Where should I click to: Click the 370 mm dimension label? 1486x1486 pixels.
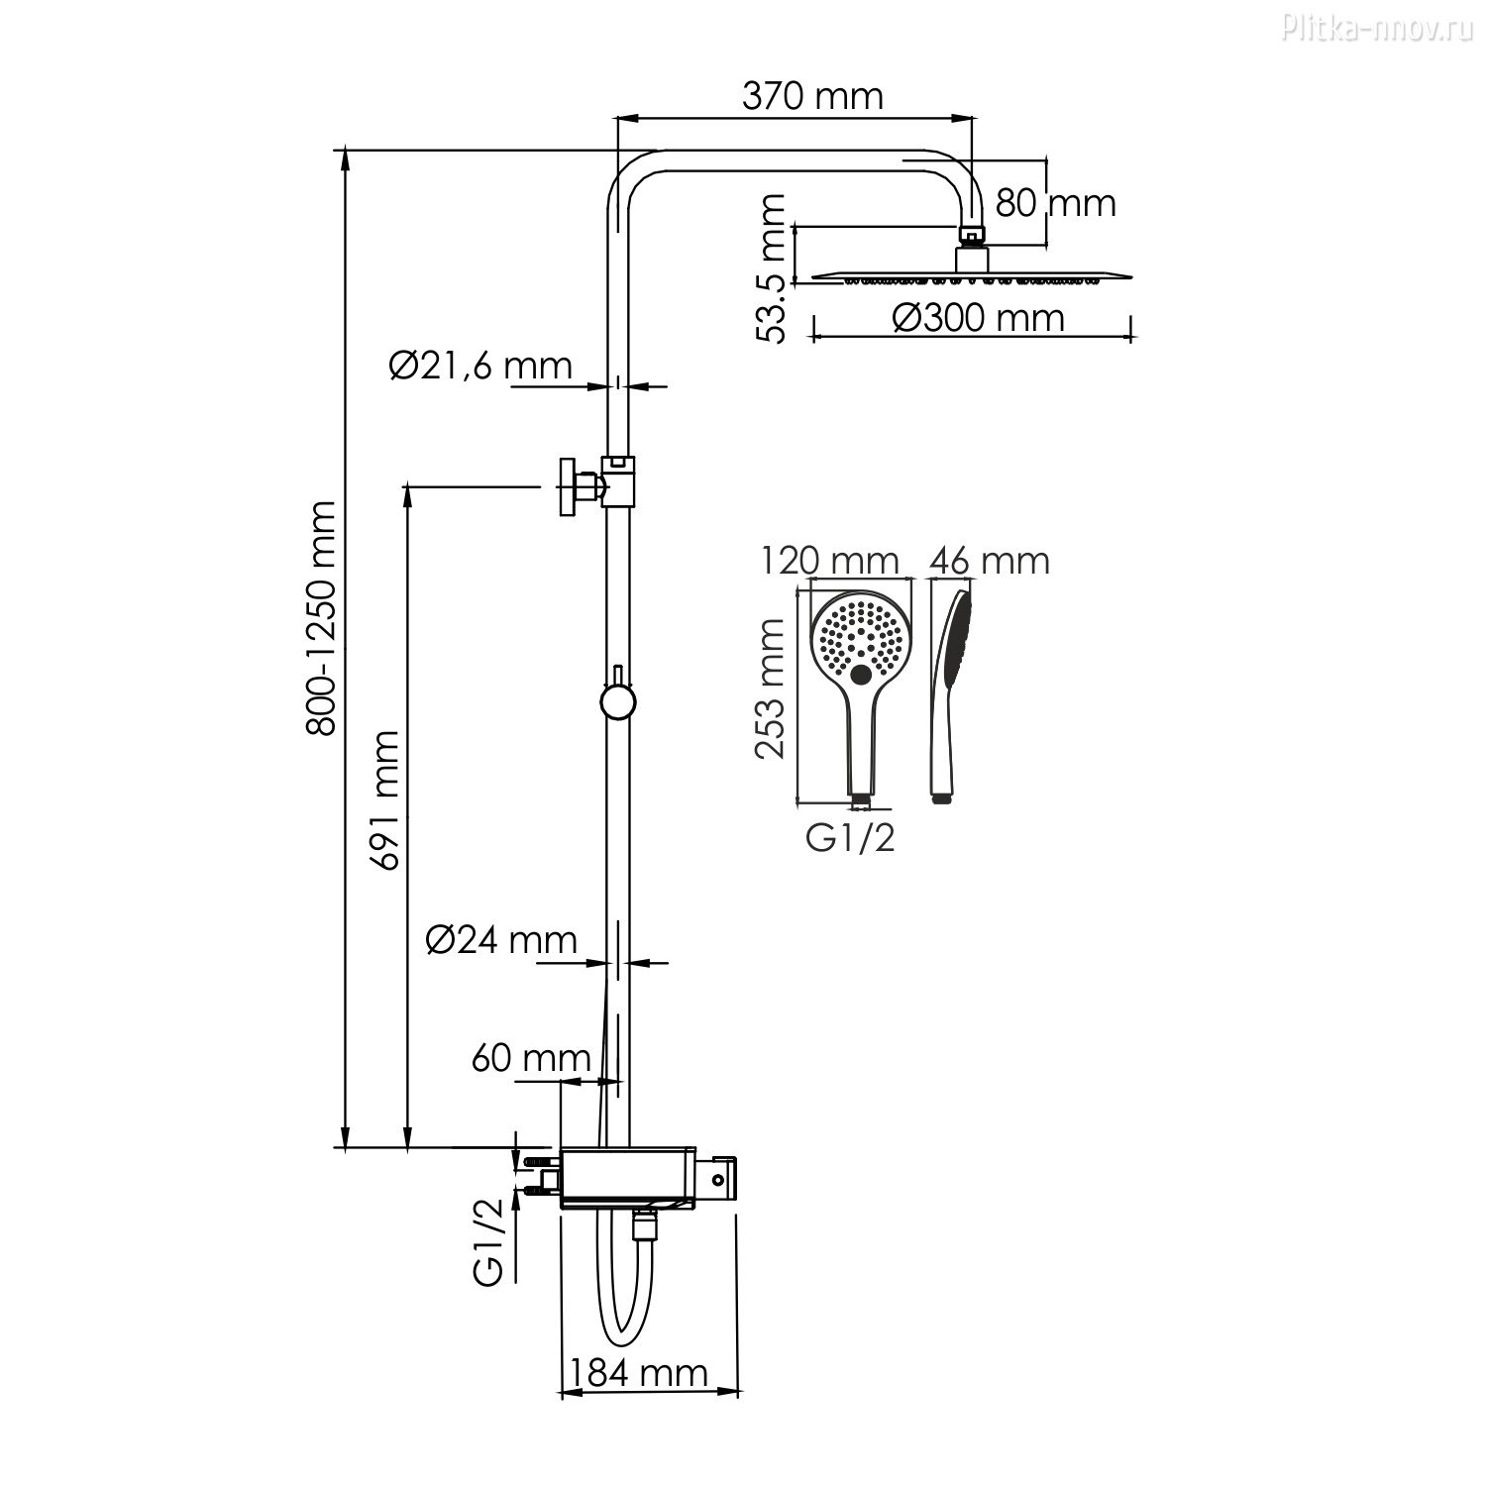812,96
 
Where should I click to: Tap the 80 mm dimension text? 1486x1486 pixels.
1056,203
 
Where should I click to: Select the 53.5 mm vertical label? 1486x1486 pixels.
770,268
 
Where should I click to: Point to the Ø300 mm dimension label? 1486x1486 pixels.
978,318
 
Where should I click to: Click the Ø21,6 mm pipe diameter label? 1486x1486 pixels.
480,366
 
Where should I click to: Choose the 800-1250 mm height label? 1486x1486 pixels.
321,618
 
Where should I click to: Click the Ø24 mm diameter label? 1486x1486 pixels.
501,939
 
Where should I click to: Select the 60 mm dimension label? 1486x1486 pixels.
531,1058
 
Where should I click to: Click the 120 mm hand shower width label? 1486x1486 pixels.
830,561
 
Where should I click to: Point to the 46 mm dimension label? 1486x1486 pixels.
989,561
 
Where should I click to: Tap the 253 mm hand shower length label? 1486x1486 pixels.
770,689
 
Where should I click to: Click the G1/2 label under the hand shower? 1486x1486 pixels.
850,838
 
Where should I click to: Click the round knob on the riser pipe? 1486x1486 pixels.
617,701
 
